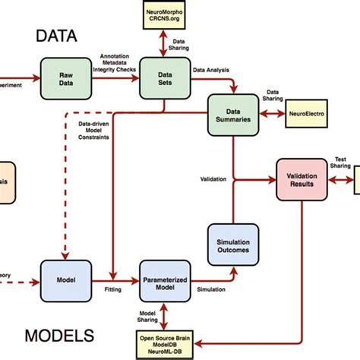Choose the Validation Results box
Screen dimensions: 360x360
tap(301, 178)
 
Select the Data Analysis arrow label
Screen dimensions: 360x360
tap(210, 69)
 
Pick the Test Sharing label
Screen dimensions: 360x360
tap(340, 163)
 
